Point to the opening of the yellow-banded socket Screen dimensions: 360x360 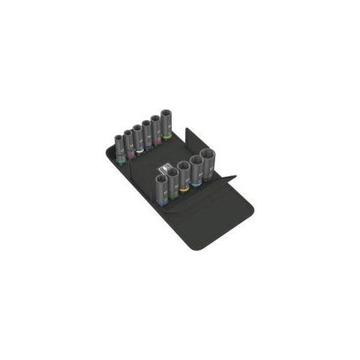(184, 165)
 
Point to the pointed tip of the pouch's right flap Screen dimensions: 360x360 (235, 178)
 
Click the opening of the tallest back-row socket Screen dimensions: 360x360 (166, 113)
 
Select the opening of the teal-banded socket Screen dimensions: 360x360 (119, 138)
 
